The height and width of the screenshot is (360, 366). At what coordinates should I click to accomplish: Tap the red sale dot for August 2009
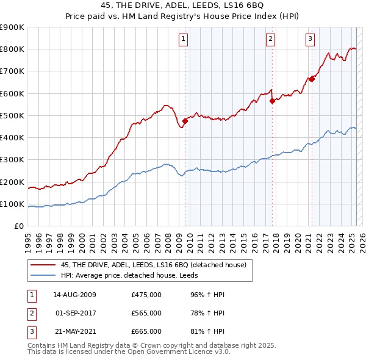[x=185, y=121]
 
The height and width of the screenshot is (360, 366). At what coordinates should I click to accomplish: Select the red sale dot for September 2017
[x=272, y=101]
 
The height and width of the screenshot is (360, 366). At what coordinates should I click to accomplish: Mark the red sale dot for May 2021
[x=312, y=78]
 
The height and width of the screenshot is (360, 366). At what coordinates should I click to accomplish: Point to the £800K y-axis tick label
[x=12, y=49]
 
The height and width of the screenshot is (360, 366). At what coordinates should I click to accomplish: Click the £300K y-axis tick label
[x=12, y=160]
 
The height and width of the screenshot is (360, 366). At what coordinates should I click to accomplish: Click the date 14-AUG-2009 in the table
[x=74, y=295]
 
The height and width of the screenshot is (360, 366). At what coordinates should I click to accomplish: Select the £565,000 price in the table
[x=146, y=313]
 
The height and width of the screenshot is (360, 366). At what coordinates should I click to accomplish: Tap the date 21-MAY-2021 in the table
[x=74, y=331]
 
